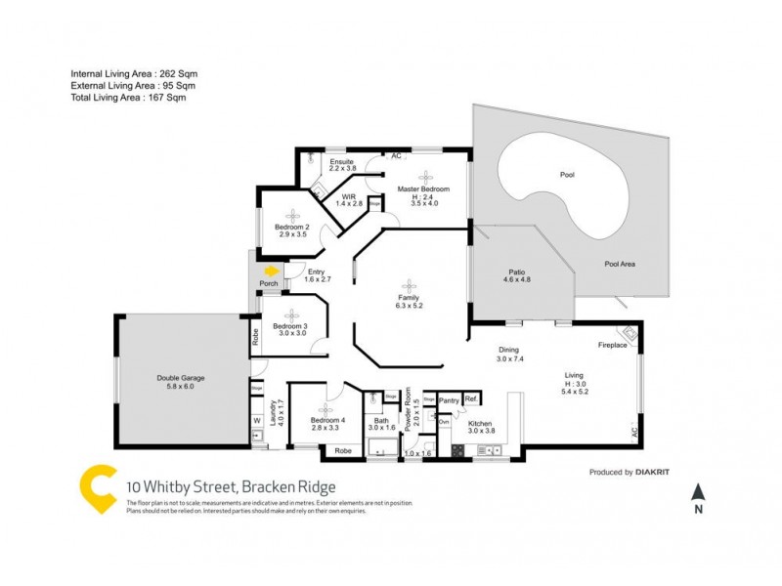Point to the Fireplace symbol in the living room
630,337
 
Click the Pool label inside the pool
567,176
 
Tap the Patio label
517,273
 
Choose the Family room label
408,297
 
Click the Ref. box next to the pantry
470,398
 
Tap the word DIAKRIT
664,472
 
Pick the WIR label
348,196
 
